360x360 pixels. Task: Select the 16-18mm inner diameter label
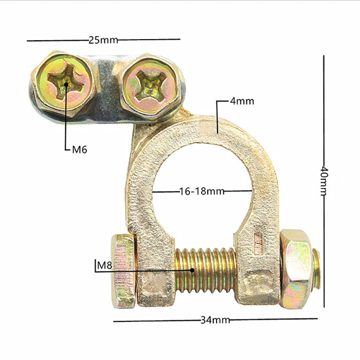pyautogui.click(x=202, y=191)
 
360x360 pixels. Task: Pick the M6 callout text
pyautogui.click(x=80, y=150)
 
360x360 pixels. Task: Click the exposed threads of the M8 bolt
pyautogui.click(x=206, y=268)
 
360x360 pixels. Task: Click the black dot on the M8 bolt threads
pyautogui.click(x=192, y=269)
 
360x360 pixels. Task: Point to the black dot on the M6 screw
pyautogui.click(x=66, y=83)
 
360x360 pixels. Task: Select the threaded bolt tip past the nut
pyautogui.click(x=316, y=269)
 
